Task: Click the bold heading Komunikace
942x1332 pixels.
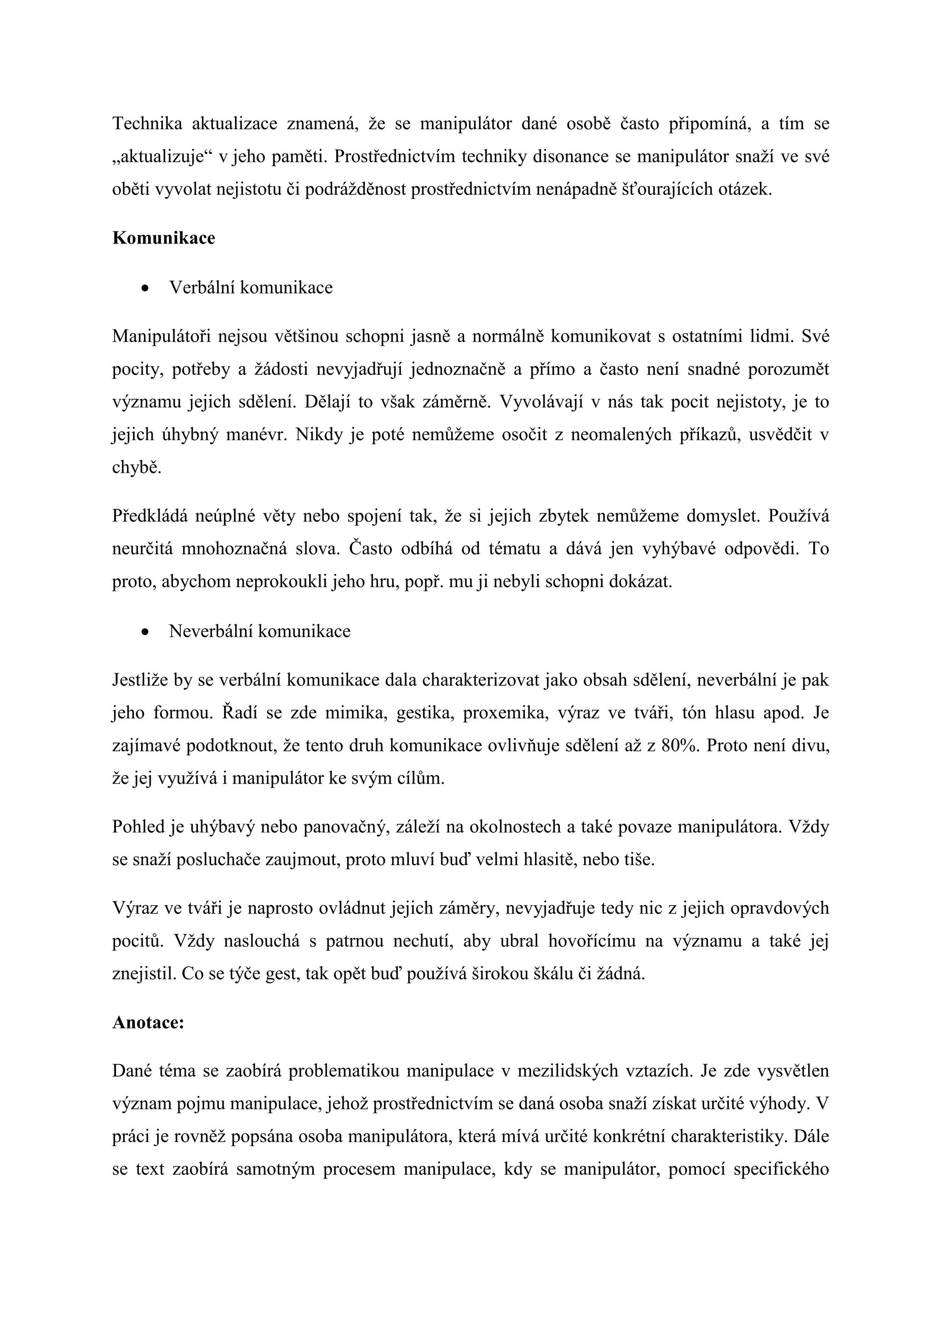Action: coord(164,238)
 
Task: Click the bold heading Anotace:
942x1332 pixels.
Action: coord(148,1039)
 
